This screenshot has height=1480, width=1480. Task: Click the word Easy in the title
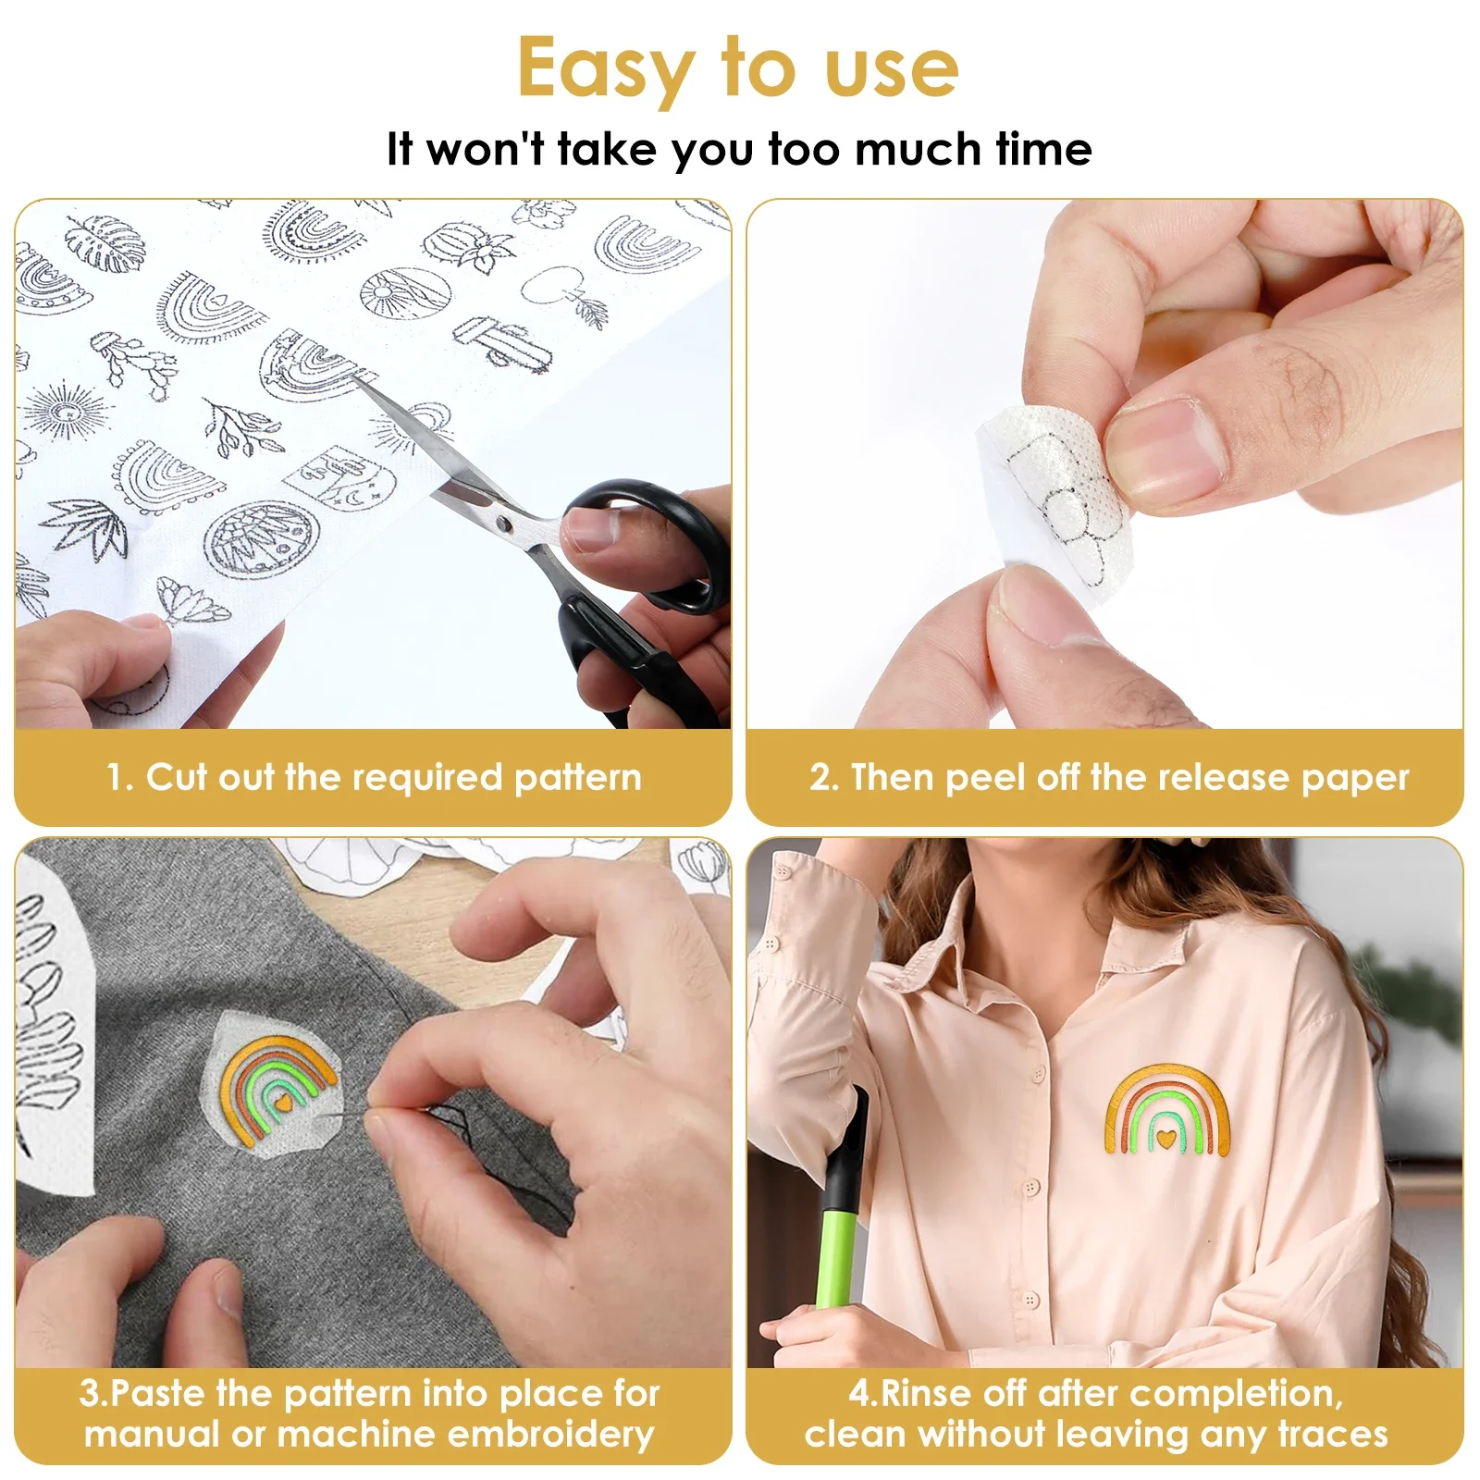click(x=606, y=69)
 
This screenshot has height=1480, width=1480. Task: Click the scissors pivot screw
click(x=503, y=525)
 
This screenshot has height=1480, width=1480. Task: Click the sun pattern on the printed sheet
click(x=63, y=413)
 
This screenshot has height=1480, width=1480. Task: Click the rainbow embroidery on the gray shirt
click(x=277, y=1087)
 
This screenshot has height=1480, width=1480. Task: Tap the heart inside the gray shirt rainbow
click(x=285, y=1104)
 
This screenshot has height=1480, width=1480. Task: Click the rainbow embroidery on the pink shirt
click(x=1167, y=1110)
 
